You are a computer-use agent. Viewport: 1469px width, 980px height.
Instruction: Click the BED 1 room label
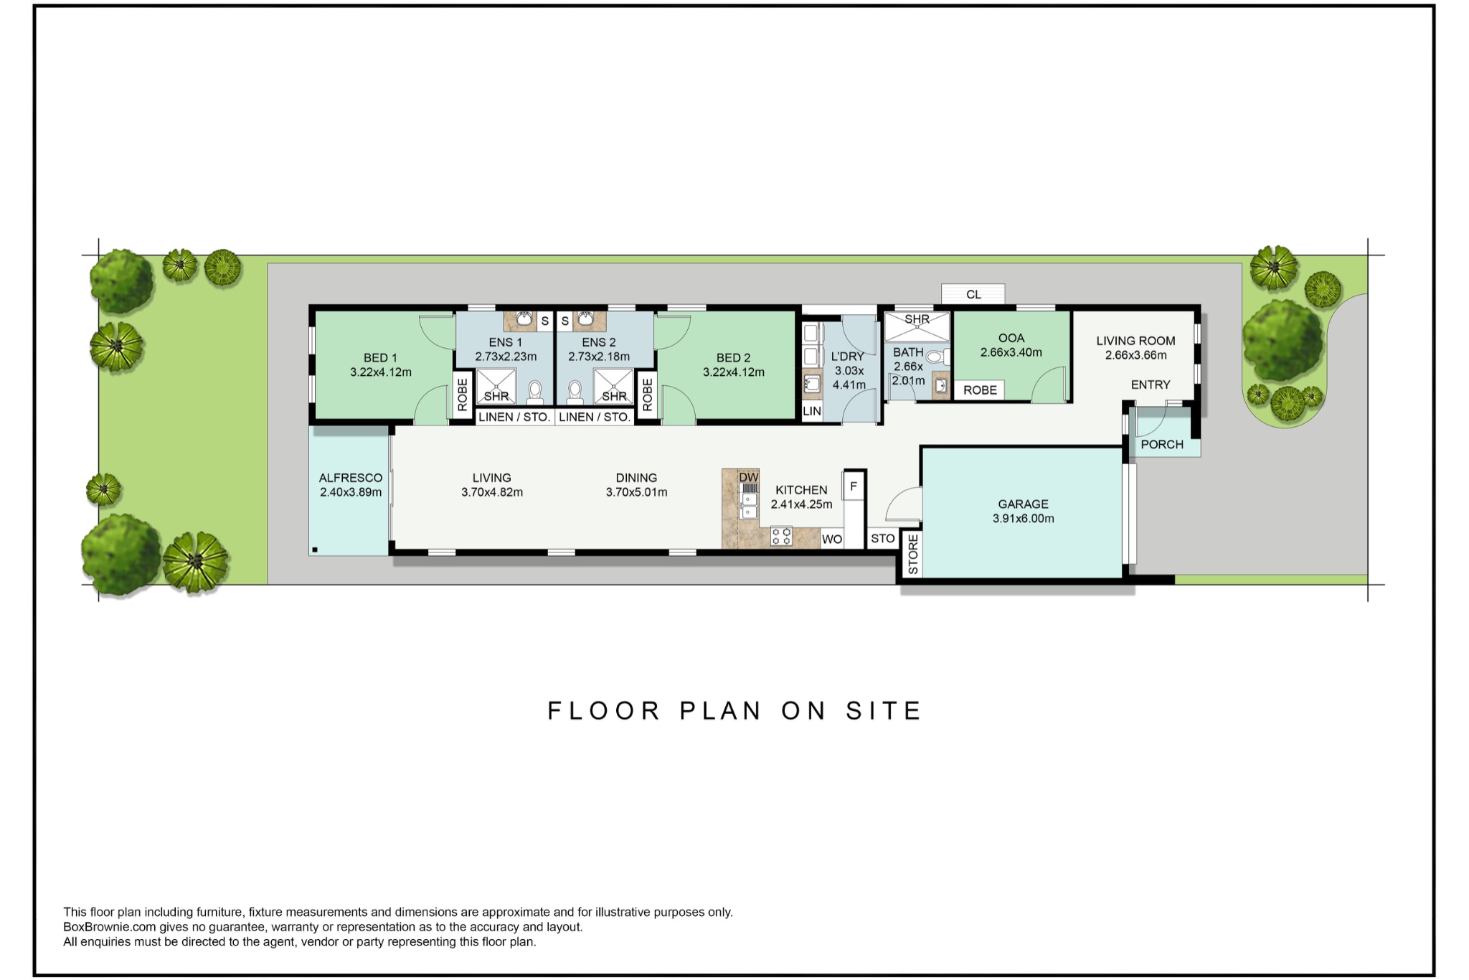(x=380, y=357)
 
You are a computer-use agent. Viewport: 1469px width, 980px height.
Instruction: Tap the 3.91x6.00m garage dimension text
(x=1023, y=519)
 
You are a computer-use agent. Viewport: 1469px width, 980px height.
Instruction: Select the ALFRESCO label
(x=350, y=478)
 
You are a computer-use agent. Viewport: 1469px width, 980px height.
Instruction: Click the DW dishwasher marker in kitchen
(x=748, y=477)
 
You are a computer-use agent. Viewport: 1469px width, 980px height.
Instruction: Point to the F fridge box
(x=854, y=486)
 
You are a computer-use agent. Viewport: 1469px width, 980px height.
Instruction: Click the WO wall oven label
(x=832, y=539)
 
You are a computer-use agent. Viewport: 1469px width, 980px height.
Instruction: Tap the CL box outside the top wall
(x=973, y=294)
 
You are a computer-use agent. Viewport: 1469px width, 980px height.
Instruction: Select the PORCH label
(x=1162, y=444)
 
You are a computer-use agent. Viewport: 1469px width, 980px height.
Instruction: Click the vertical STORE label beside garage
(x=912, y=555)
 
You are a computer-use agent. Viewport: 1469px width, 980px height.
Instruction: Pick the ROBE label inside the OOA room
(x=980, y=390)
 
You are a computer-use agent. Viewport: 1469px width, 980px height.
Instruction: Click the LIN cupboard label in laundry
(x=812, y=411)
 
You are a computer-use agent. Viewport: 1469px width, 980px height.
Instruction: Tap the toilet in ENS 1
(x=535, y=391)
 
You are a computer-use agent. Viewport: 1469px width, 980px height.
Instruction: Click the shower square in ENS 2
(x=613, y=386)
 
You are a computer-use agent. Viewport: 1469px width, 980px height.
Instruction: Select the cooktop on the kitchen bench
(x=781, y=535)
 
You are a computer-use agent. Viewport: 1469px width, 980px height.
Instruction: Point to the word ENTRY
(x=1151, y=385)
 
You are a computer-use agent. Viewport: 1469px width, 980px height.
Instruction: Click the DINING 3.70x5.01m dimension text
(x=636, y=492)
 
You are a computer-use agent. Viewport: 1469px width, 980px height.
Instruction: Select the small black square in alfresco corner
(x=315, y=550)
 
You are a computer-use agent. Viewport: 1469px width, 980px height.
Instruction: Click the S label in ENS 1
(x=545, y=321)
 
